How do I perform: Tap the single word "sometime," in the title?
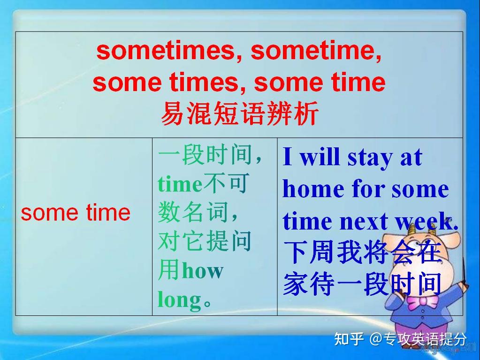316,51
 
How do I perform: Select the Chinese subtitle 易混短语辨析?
239,113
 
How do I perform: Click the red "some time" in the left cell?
76,213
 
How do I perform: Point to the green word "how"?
202,271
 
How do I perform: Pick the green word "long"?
179,299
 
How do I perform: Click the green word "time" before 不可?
179,184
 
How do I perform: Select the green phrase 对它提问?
205,242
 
